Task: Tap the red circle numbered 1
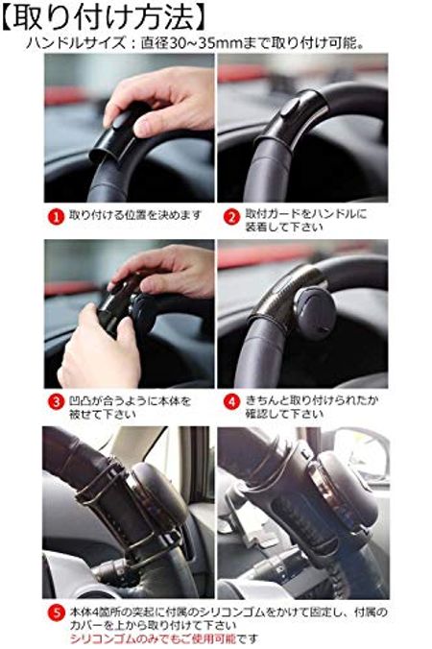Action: (57, 216)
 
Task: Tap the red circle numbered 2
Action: (231, 216)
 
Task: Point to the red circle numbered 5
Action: (57, 611)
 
